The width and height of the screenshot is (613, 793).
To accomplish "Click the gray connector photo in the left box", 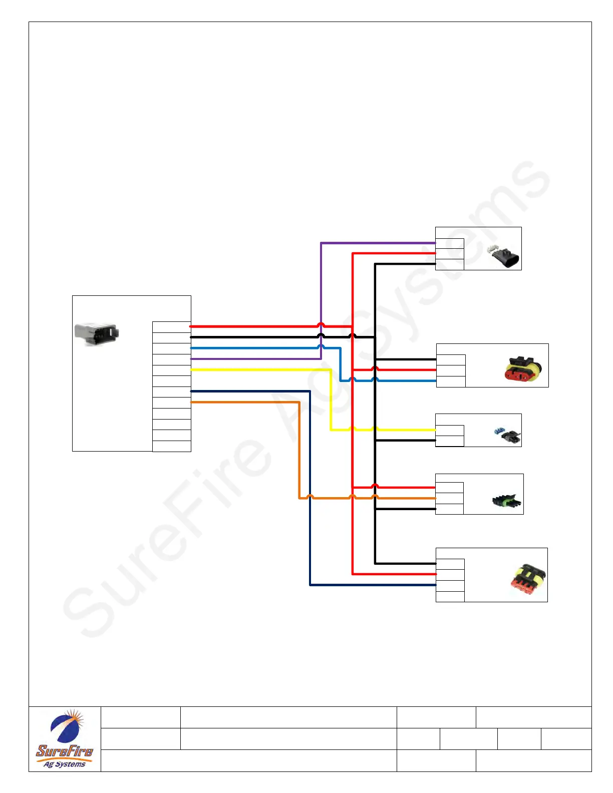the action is pyautogui.click(x=97, y=334).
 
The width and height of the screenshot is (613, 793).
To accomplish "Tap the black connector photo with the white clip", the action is pyautogui.click(x=504, y=256).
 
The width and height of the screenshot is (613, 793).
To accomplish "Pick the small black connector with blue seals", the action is pyautogui.click(x=508, y=435).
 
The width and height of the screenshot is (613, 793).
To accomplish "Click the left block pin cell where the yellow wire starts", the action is pyautogui.click(x=171, y=370).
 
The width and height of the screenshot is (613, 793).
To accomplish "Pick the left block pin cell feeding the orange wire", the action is pyautogui.click(x=171, y=403).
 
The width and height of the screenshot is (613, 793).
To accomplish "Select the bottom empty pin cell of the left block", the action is pyautogui.click(x=171, y=447).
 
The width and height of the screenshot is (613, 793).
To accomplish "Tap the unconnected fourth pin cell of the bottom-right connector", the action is pyautogui.click(x=450, y=597).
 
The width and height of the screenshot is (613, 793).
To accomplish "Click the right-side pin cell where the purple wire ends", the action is pyautogui.click(x=449, y=244).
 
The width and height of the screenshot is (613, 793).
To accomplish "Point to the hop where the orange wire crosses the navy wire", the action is pyautogui.click(x=310, y=497).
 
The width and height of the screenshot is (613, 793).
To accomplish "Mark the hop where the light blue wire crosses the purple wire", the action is pyautogui.click(x=321, y=347).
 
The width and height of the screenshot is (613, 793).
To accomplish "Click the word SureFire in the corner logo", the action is pyautogui.click(x=65, y=751).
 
